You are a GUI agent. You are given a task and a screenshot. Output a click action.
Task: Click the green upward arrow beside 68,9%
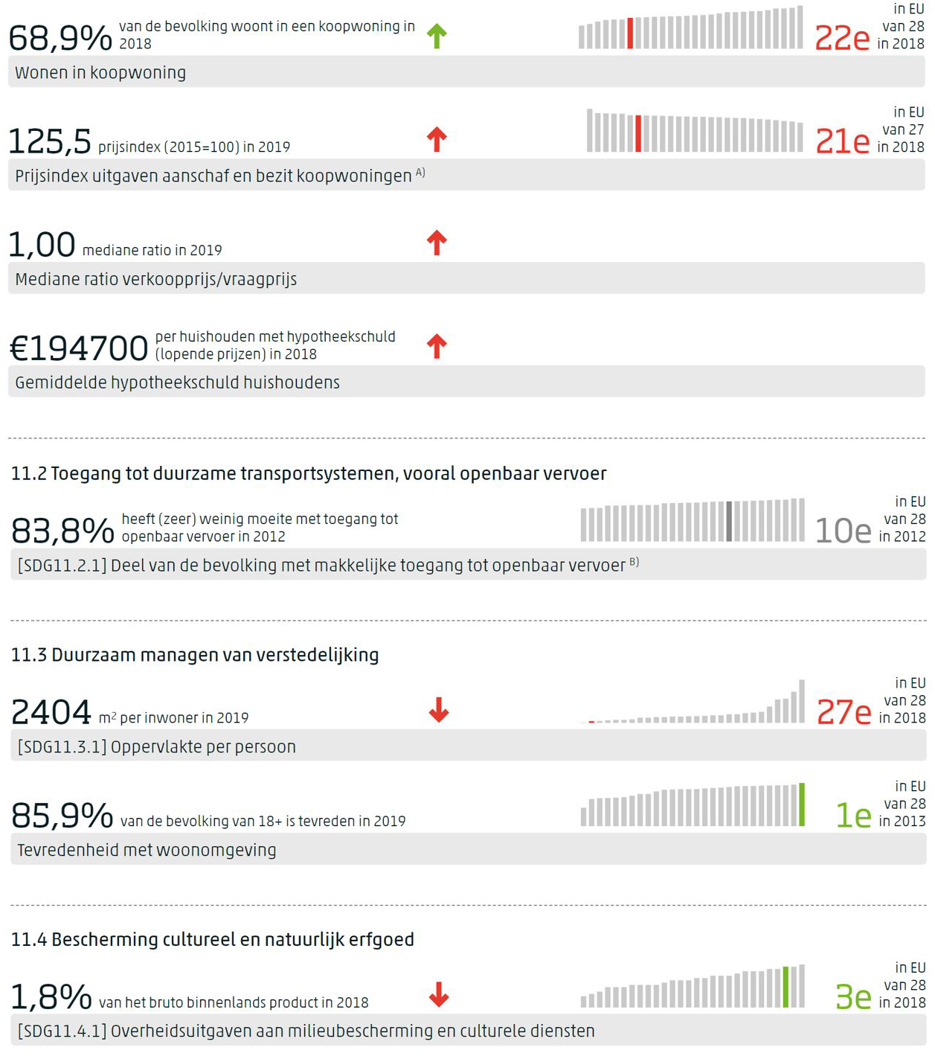[x=437, y=36]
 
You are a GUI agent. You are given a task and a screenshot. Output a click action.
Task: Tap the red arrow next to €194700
[x=437, y=346]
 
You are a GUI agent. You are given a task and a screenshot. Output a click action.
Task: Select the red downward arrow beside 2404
[x=439, y=710]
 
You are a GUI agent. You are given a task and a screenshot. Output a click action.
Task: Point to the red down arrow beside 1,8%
[x=439, y=994]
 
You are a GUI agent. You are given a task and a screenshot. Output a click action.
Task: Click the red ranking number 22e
[x=841, y=38]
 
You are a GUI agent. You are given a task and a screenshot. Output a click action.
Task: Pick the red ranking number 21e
[x=842, y=141]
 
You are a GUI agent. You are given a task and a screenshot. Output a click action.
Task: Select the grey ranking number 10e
[x=843, y=531]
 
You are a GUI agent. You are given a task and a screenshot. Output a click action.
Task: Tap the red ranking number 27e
[x=844, y=712]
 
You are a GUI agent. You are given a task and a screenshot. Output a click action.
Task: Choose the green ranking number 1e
[x=853, y=816]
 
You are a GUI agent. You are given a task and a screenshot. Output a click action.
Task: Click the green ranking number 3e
[x=852, y=997]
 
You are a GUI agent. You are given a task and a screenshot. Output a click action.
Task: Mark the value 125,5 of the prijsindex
[x=50, y=141]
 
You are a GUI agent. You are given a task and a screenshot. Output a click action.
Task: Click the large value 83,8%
[x=62, y=531]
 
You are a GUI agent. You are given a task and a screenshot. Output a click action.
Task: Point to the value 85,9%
[x=62, y=816]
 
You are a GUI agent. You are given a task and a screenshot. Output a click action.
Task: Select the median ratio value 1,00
[x=42, y=245]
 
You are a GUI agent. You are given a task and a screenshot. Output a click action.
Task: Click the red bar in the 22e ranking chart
[x=630, y=33]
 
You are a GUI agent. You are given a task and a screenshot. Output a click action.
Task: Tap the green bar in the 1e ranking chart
[x=801, y=804]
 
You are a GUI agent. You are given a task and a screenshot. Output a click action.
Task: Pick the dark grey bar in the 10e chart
[x=729, y=521]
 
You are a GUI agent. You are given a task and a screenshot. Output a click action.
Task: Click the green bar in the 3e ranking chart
[x=785, y=988]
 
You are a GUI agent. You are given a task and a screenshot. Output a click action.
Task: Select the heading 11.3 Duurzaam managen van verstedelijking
[x=195, y=655]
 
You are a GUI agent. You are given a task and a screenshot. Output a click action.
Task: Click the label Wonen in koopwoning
[x=100, y=73]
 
